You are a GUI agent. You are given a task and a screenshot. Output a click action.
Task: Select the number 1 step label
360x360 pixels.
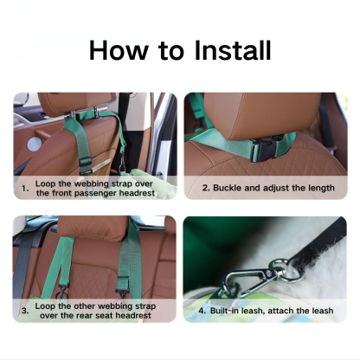[25, 187]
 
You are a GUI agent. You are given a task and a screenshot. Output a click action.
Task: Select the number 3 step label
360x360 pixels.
[25, 310]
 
